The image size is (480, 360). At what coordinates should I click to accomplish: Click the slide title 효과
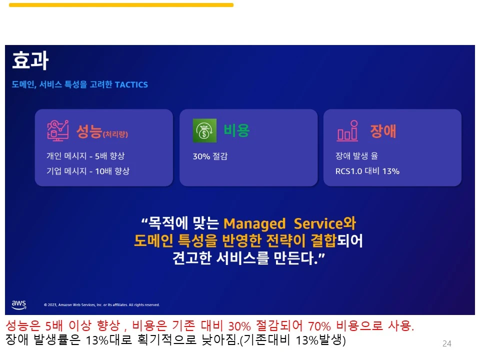pos(30,61)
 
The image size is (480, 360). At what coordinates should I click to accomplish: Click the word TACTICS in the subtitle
pos(131,85)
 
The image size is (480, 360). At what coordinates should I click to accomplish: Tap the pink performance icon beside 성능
pos(57,130)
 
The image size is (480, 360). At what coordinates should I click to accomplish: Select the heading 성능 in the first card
pos(89,131)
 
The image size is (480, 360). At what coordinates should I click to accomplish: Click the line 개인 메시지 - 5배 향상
pos(85,156)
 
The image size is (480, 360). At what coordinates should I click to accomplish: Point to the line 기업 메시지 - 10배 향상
pos(88,171)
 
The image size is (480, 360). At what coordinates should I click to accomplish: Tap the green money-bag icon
pos(204,130)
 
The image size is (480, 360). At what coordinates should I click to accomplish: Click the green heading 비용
pos(236,130)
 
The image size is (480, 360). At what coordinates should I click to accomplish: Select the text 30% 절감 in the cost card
pos(210,156)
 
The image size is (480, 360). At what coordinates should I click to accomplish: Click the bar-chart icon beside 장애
pos(347,130)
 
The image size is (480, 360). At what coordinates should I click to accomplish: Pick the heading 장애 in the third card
pos(383,130)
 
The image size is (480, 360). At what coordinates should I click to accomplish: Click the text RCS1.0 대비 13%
pos(367,171)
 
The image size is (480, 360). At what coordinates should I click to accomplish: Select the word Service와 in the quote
pos(324,223)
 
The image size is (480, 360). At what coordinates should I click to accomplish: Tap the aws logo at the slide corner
pos(18,304)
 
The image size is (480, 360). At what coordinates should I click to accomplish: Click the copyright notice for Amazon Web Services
pos(101,304)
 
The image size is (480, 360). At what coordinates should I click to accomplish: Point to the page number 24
pos(446,343)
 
